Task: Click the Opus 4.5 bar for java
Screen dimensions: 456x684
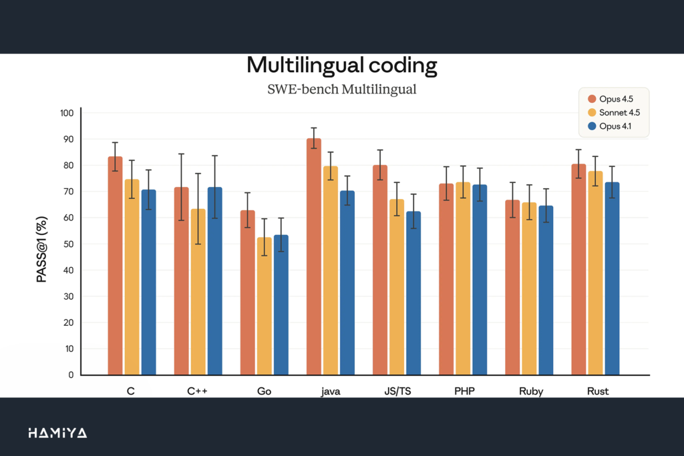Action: (x=314, y=257)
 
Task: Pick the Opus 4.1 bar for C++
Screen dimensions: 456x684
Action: (x=214, y=281)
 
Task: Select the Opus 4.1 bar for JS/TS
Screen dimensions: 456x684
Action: (x=413, y=293)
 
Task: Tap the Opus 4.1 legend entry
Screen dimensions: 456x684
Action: (x=615, y=126)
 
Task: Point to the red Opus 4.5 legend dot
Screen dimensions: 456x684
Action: (x=590, y=99)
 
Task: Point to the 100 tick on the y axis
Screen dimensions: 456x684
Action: (x=66, y=113)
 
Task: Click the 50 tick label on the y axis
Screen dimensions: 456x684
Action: (x=68, y=244)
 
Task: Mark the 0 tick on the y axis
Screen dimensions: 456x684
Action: (x=71, y=375)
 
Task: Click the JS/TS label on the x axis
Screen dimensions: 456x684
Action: (x=397, y=391)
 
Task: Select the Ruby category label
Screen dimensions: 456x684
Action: (x=531, y=391)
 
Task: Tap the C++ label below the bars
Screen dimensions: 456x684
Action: (x=197, y=391)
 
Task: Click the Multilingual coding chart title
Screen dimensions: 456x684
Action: (x=341, y=65)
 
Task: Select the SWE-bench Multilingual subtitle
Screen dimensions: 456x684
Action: (x=341, y=89)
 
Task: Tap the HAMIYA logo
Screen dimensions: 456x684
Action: (x=57, y=433)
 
